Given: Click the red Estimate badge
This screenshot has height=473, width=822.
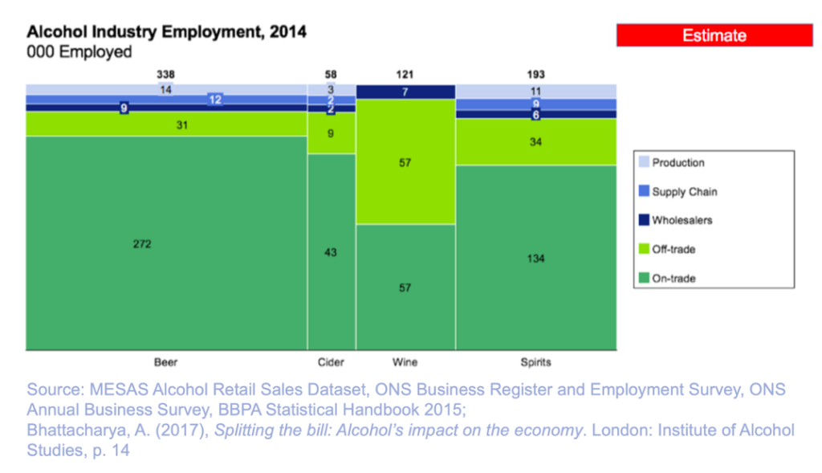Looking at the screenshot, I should click(714, 35).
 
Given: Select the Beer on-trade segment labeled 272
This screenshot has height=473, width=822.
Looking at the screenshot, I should click(166, 243).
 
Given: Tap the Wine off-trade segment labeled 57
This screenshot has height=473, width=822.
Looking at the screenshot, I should click(405, 162).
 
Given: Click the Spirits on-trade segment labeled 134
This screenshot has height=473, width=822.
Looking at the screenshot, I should click(535, 258).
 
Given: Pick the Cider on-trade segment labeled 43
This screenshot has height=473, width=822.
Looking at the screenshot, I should click(332, 252).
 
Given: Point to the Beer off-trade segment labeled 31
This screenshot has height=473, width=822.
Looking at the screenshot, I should click(166, 124).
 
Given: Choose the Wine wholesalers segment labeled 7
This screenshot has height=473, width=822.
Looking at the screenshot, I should click(405, 92).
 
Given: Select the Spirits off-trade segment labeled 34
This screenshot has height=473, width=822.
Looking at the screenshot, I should click(535, 142).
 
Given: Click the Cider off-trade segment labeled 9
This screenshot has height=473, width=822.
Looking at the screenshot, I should click(332, 133).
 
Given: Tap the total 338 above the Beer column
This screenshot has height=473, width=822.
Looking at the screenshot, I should click(166, 75).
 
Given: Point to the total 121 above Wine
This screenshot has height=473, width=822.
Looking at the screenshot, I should click(405, 75).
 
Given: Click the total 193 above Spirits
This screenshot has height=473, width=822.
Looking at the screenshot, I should click(535, 75).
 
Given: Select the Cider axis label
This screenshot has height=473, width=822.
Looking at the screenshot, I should click(332, 362).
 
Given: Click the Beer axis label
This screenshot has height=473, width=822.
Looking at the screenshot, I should click(166, 362).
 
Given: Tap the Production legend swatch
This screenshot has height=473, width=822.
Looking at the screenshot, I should click(642, 163).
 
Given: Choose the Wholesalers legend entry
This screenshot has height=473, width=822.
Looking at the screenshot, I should click(682, 220).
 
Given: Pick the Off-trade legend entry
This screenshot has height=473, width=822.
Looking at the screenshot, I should click(673, 249).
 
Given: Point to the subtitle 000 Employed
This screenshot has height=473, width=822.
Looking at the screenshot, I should click(79, 52).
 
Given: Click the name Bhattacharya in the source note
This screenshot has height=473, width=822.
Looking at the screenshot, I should click(78, 430).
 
